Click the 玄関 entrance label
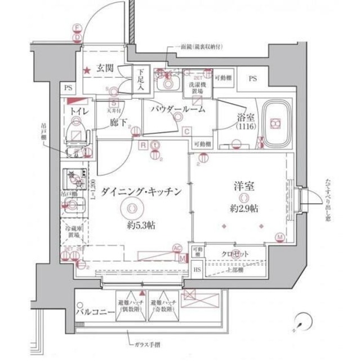(x=105, y=68)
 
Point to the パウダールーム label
(x=177, y=109)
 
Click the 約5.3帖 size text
(x=141, y=224)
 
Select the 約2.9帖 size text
(x=245, y=209)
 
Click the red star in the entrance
(x=87, y=71)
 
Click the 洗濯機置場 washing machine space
(x=197, y=89)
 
